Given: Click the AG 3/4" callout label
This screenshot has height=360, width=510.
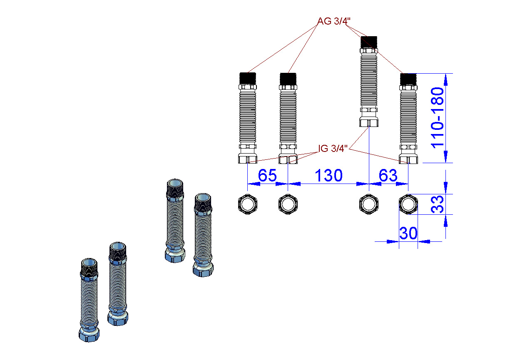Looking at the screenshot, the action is click(x=334, y=21).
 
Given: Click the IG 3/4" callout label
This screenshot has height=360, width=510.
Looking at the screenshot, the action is click(x=333, y=148).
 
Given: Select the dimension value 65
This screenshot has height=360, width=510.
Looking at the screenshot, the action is click(x=267, y=175).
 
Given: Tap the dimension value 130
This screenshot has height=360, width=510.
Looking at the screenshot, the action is click(x=328, y=176).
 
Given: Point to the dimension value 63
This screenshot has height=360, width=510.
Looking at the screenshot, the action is click(x=388, y=175).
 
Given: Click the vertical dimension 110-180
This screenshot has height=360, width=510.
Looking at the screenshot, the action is click(x=438, y=118).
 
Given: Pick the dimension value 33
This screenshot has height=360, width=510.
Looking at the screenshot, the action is click(x=438, y=204).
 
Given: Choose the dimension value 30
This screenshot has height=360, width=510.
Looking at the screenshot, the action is click(x=408, y=233).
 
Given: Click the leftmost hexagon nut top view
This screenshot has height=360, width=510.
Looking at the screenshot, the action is click(x=248, y=204).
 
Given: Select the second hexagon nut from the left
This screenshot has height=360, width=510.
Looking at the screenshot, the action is click(x=288, y=204).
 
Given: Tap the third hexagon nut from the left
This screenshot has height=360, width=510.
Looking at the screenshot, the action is click(x=369, y=204).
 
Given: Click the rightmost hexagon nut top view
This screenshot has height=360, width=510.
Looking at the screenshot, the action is click(x=408, y=204).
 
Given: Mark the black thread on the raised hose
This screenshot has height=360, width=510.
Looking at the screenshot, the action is click(x=369, y=42).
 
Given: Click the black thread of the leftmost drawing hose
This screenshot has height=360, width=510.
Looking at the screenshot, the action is click(x=248, y=79).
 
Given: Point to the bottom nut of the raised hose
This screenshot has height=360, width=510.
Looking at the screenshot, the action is click(x=369, y=122).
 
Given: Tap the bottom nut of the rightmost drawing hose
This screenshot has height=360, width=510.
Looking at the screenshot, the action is click(x=408, y=159).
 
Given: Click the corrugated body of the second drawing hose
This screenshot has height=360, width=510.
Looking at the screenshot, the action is click(x=288, y=117).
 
